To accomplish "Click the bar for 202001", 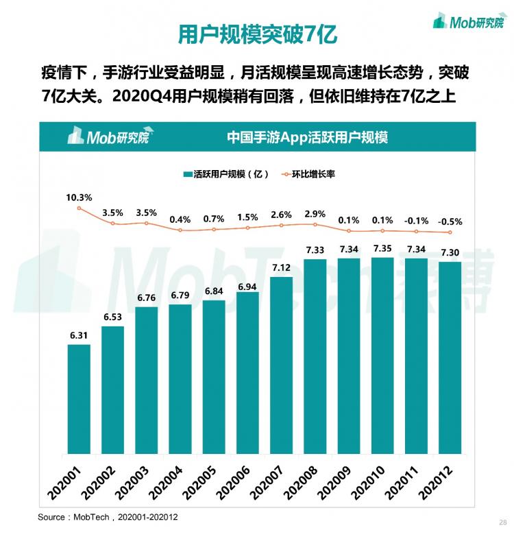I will tap(79, 398).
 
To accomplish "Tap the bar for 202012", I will tap(450, 357).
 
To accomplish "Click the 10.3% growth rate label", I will tap(79, 197).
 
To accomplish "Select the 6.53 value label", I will tap(112, 316).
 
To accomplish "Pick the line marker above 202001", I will tap(79, 208).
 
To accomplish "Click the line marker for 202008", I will tap(315, 223).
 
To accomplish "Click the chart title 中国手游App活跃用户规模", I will tap(307, 137).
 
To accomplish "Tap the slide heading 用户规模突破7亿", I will tap(258, 34).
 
